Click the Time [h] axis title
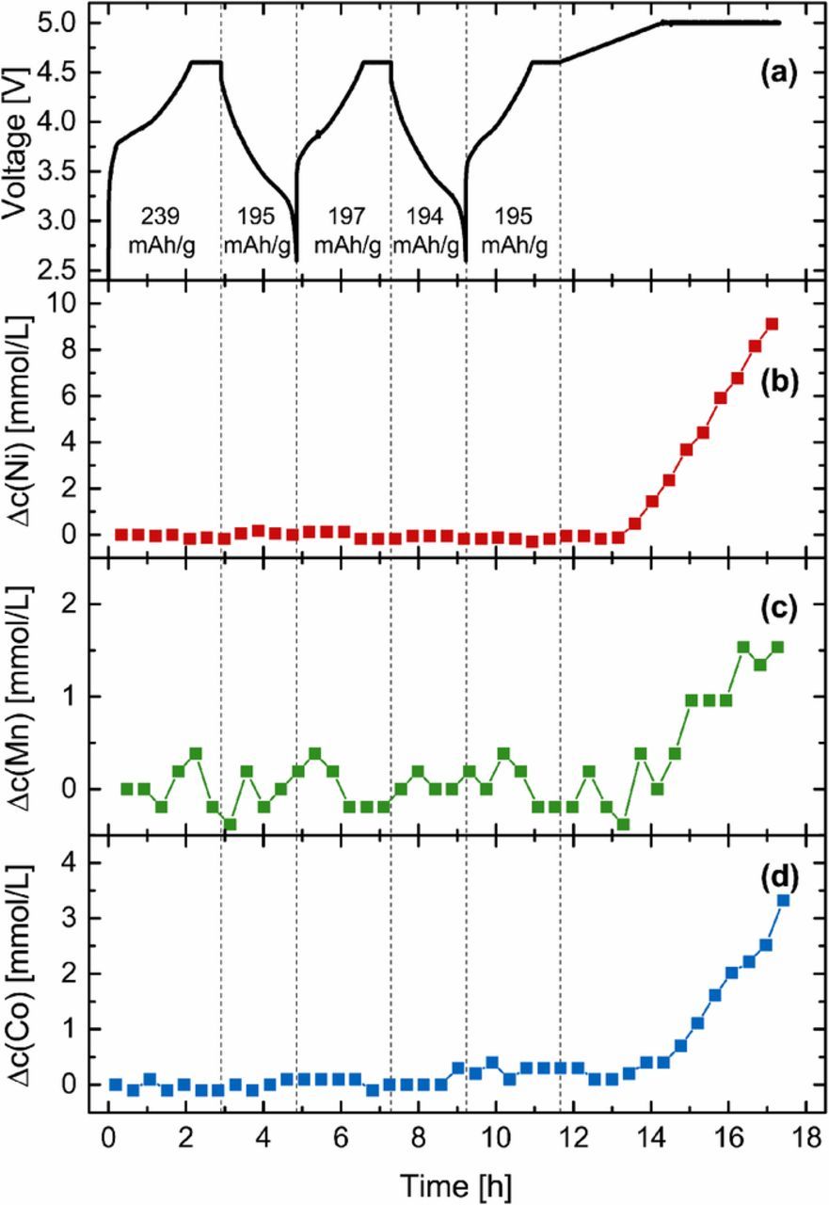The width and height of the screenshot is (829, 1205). click(454, 1182)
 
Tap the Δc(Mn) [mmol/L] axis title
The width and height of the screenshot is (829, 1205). click(21, 695)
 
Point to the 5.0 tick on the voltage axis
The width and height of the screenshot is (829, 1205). click(66, 23)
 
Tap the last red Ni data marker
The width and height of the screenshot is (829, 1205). click(773, 324)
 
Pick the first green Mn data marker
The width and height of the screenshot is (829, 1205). click(126, 789)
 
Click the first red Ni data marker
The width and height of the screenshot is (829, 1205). click(120, 535)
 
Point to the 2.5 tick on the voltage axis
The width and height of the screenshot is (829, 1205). click(66, 270)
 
